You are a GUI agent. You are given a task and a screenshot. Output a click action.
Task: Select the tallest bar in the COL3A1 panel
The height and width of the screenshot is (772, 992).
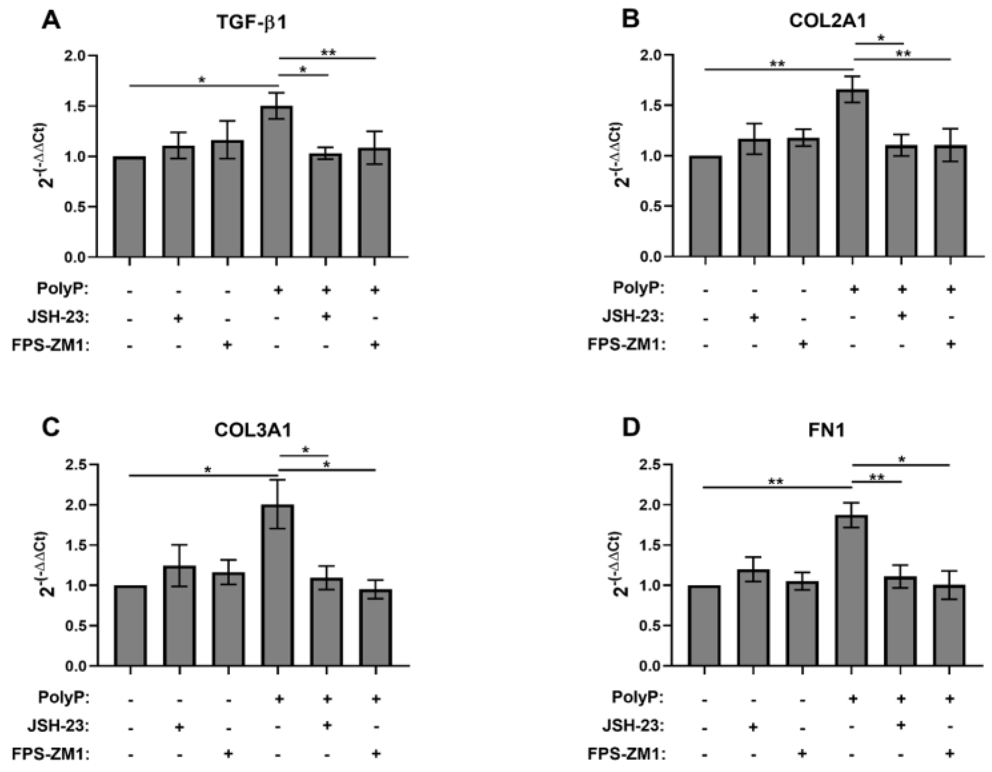click(x=277, y=585)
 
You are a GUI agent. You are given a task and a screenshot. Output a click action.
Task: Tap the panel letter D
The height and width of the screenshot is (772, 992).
click(x=630, y=428)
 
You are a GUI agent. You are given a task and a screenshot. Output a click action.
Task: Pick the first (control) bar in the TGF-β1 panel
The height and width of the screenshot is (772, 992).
click(x=130, y=207)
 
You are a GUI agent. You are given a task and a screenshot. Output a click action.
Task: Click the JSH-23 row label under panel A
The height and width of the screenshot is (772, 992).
click(x=58, y=318)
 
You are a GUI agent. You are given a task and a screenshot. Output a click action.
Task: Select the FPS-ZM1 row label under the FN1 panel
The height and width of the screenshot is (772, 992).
click(x=626, y=754)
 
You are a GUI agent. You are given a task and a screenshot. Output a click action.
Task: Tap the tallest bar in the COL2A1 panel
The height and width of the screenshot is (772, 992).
click(x=852, y=173)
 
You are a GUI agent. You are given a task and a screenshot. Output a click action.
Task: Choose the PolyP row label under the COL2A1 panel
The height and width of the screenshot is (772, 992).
click(x=638, y=288)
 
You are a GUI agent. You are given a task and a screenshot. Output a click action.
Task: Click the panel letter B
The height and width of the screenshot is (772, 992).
click(x=630, y=20)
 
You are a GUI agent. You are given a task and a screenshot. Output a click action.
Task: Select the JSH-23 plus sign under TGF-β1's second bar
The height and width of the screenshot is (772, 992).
click(x=178, y=319)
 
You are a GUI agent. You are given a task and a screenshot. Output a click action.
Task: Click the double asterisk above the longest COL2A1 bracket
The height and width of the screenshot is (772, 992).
click(x=777, y=63)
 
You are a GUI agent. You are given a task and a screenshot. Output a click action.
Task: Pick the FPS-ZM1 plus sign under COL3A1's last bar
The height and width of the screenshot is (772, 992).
click(x=375, y=754)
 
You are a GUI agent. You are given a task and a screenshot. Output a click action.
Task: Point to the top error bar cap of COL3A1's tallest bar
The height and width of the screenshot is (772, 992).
click(x=277, y=480)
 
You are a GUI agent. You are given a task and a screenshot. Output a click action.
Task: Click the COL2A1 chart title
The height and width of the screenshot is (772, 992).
click(x=827, y=20)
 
